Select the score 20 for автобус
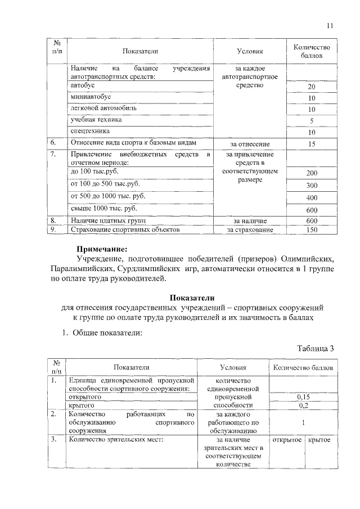click(312, 87)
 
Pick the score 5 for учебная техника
click(312, 121)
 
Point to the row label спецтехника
click(87, 130)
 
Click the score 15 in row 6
click(312, 144)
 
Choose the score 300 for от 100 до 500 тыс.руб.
click(312, 185)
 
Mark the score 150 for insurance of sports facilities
click(312, 229)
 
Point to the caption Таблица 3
click(316, 348)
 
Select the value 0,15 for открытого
click(304, 397)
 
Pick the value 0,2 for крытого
click(304, 405)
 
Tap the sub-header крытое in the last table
click(319, 439)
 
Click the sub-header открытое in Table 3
click(287, 439)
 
